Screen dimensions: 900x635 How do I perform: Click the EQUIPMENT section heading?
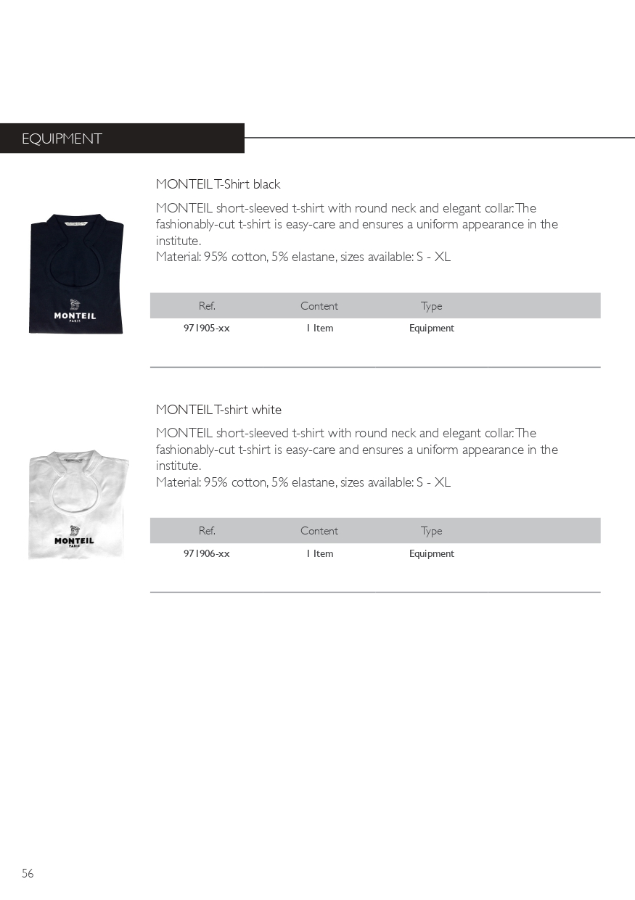tap(62, 139)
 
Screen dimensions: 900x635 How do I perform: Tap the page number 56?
tap(28, 873)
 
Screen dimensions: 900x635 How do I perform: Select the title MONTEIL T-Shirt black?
tap(218, 184)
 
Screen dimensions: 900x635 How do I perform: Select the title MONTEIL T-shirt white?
tap(218, 410)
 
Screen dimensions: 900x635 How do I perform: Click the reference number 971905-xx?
tap(207, 329)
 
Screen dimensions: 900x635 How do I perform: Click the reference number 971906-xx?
tap(207, 554)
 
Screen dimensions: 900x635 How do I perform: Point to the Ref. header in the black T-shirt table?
tap(207, 306)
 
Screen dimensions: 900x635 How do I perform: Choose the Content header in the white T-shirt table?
tap(319, 531)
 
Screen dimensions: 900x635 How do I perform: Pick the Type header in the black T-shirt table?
tap(431, 306)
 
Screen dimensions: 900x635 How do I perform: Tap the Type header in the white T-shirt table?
tap(431, 531)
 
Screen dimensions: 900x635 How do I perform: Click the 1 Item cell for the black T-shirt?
tap(319, 329)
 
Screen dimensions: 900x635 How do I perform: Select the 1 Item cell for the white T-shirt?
tap(319, 554)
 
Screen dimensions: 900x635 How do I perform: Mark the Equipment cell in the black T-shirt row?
tap(431, 329)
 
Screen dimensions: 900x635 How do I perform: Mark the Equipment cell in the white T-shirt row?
tap(431, 554)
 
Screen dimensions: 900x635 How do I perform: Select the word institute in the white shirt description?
tap(177, 466)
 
